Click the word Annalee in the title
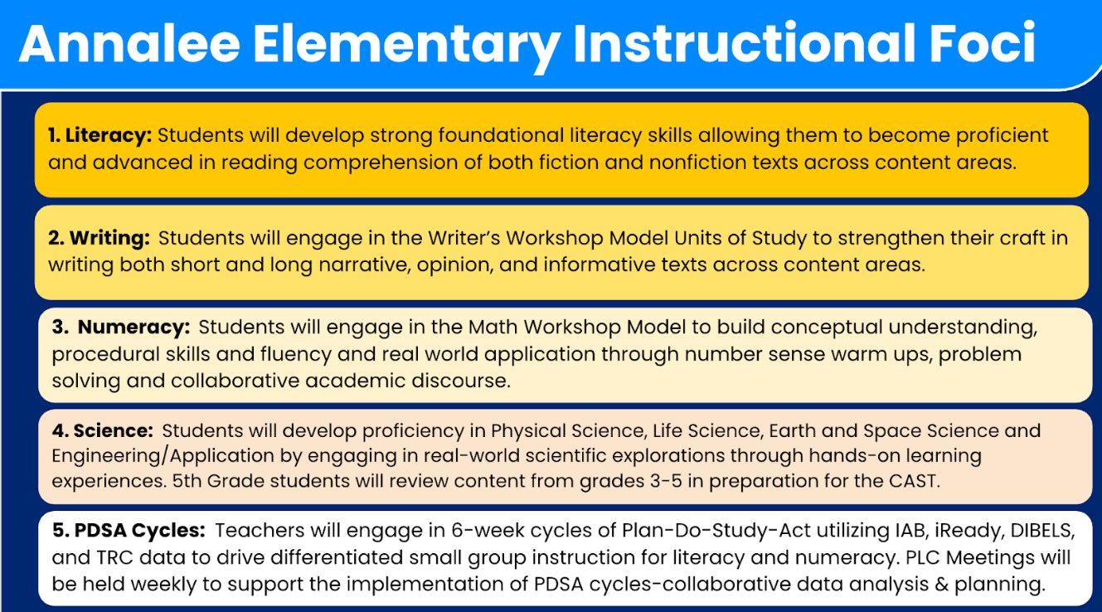pyautogui.click(x=129, y=43)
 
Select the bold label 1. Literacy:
pyautogui.click(x=100, y=135)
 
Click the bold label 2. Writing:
pyautogui.click(x=99, y=238)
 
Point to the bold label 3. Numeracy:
pyautogui.click(x=121, y=328)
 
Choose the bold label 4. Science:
pyautogui.click(x=103, y=431)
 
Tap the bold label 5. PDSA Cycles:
pyautogui.click(x=129, y=531)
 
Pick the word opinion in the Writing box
pyautogui.click(x=454, y=265)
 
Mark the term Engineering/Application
pyautogui.click(x=163, y=456)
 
